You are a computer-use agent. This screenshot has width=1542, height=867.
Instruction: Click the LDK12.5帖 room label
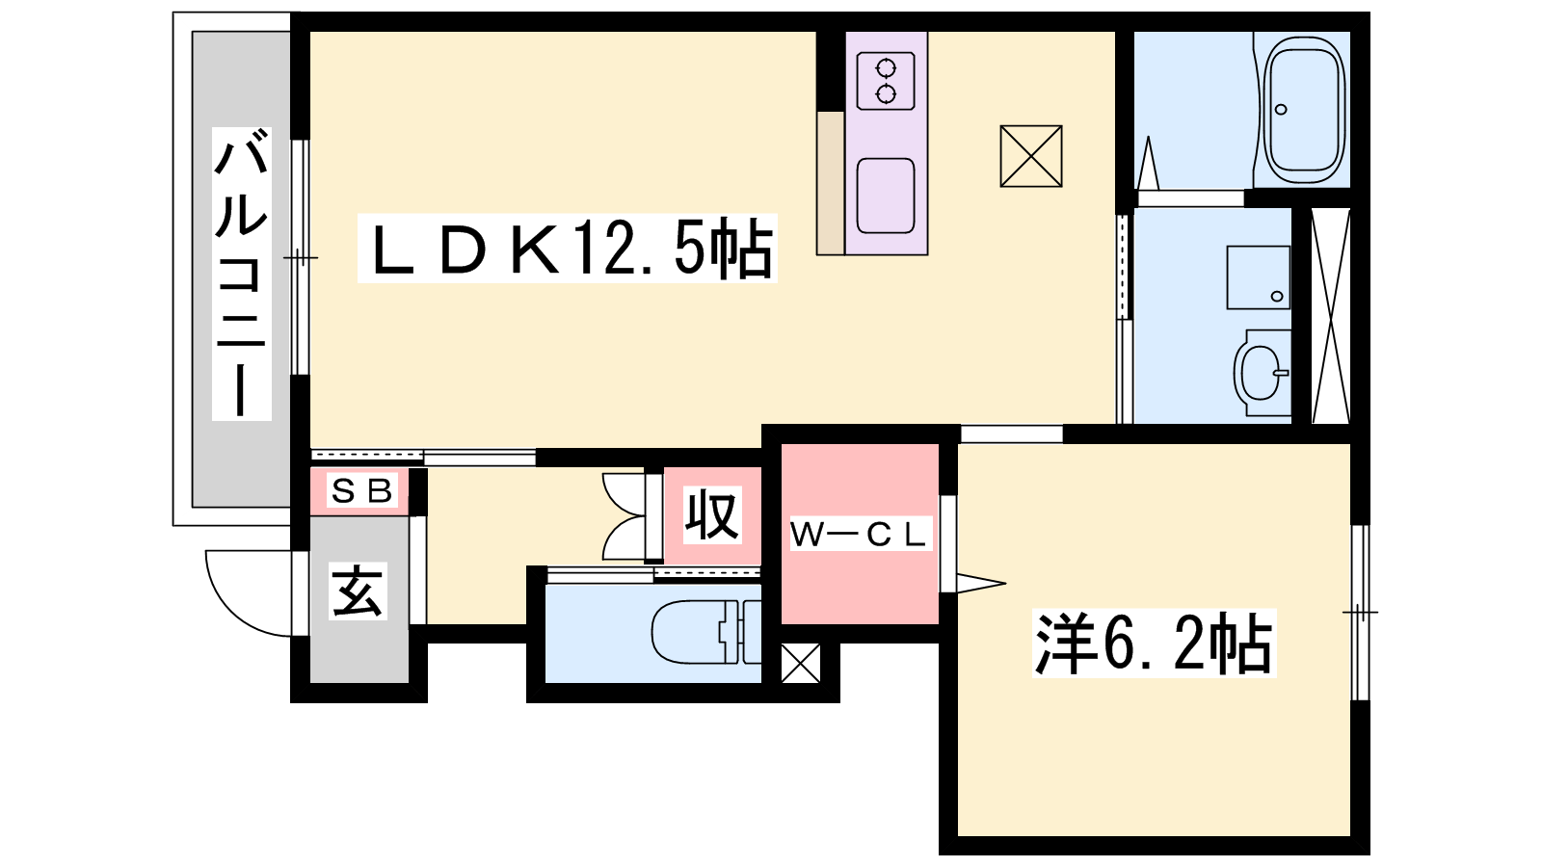pyautogui.click(x=568, y=249)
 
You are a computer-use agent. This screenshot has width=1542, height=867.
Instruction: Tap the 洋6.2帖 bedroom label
pyautogui.click(x=1154, y=643)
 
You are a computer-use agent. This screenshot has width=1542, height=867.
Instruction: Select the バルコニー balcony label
pyautogui.click(x=242, y=274)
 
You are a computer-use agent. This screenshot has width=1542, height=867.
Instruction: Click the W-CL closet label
pyautogui.click(x=860, y=535)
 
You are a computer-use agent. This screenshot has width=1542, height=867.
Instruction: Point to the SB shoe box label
pyautogui.click(x=361, y=490)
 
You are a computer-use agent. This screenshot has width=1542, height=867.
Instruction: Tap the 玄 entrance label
pyautogui.click(x=358, y=591)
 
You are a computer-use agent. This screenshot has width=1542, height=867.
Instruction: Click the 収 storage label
pyautogui.click(x=712, y=514)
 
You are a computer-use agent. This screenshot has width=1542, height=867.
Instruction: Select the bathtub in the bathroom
pyautogui.click(x=1306, y=110)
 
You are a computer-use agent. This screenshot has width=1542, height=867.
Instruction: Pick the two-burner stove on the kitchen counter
pyautogui.click(x=886, y=81)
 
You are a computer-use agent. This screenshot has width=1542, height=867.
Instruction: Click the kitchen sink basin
pyautogui.click(x=886, y=197)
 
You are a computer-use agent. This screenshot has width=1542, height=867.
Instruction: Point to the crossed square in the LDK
pyautogui.click(x=1031, y=156)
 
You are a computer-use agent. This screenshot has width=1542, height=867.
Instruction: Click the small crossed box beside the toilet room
pyautogui.click(x=801, y=664)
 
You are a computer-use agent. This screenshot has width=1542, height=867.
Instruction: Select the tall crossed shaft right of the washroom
pyautogui.click(x=1331, y=315)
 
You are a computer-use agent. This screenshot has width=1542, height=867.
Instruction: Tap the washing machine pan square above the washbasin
pyautogui.click(x=1259, y=277)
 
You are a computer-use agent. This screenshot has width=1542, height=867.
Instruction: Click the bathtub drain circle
pyautogui.click(x=1281, y=110)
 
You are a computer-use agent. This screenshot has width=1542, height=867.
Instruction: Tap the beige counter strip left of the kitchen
pyautogui.click(x=831, y=183)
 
